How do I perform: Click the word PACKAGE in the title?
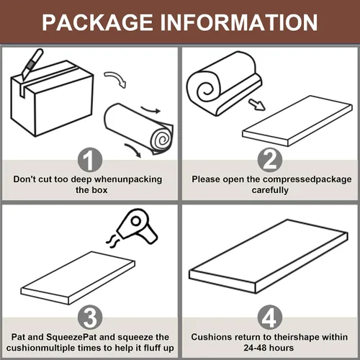[97, 22]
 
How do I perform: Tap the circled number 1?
[90, 160]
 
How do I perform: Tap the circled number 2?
[270, 160]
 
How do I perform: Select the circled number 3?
[90, 318]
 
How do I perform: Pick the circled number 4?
[270, 318]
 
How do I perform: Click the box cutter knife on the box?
[32, 64]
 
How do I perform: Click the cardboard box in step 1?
[52, 99]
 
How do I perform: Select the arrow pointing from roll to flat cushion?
[257, 104]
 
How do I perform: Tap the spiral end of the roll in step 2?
[204, 89]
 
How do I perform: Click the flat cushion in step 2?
[297, 121]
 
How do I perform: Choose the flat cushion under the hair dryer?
[78, 278]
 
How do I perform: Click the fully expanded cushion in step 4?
[269, 256]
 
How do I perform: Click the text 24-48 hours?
[269, 348]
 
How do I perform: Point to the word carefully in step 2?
[270, 190]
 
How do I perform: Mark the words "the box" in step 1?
[91, 190]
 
